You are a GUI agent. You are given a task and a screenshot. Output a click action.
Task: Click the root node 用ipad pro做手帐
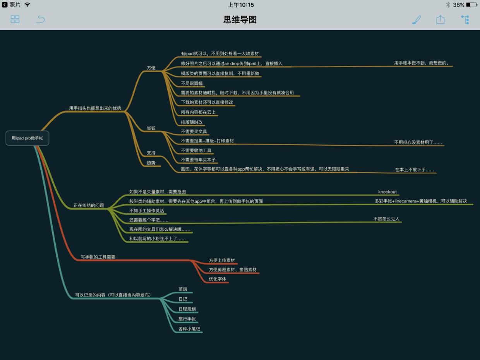(27, 138)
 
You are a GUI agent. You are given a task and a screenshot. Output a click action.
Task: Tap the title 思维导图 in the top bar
(240, 19)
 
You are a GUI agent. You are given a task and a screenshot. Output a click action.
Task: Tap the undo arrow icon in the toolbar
(40, 19)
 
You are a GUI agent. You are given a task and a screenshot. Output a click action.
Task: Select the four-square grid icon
(15, 19)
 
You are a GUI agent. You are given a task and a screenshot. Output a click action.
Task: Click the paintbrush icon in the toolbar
(416, 20)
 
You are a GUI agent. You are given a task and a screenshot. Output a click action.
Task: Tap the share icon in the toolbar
(440, 20)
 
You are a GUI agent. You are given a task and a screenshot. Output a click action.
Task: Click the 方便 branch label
(151, 68)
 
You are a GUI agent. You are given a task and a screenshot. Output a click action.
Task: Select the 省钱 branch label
(151, 128)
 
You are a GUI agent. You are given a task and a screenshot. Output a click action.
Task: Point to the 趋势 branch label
(151, 163)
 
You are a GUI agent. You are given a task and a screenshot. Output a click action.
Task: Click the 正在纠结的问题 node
(89, 205)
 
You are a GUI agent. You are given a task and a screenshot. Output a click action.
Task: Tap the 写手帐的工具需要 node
(98, 257)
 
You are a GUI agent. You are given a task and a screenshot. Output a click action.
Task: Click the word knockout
(387, 192)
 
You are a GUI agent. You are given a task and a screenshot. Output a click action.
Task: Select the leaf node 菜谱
(183, 289)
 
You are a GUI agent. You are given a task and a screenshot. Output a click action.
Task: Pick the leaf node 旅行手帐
(187, 319)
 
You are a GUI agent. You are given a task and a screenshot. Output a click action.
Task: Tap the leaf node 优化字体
(218, 279)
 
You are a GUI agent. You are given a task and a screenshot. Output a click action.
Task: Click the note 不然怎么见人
(386, 219)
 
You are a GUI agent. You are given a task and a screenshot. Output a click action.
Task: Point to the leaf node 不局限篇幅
(192, 83)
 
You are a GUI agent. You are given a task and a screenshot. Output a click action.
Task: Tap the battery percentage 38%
(459, 5)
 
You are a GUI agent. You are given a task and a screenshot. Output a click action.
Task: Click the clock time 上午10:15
(241, 5)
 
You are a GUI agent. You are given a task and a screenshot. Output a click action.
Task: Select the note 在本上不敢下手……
(415, 170)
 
